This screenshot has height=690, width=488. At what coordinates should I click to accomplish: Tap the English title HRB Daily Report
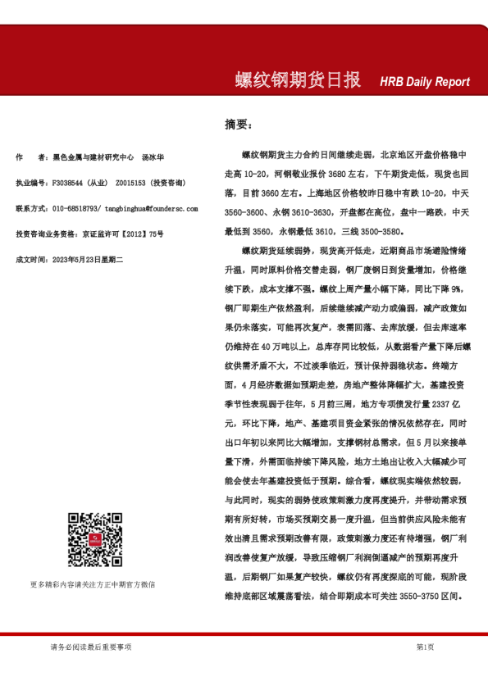point(425,82)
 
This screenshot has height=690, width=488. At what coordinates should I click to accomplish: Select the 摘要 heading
point(239,125)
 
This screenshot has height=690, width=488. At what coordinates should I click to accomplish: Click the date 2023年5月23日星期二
point(87,259)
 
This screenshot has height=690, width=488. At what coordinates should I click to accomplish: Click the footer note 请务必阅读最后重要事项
point(90,647)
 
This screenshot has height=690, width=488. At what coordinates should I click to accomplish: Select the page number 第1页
point(425,647)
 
